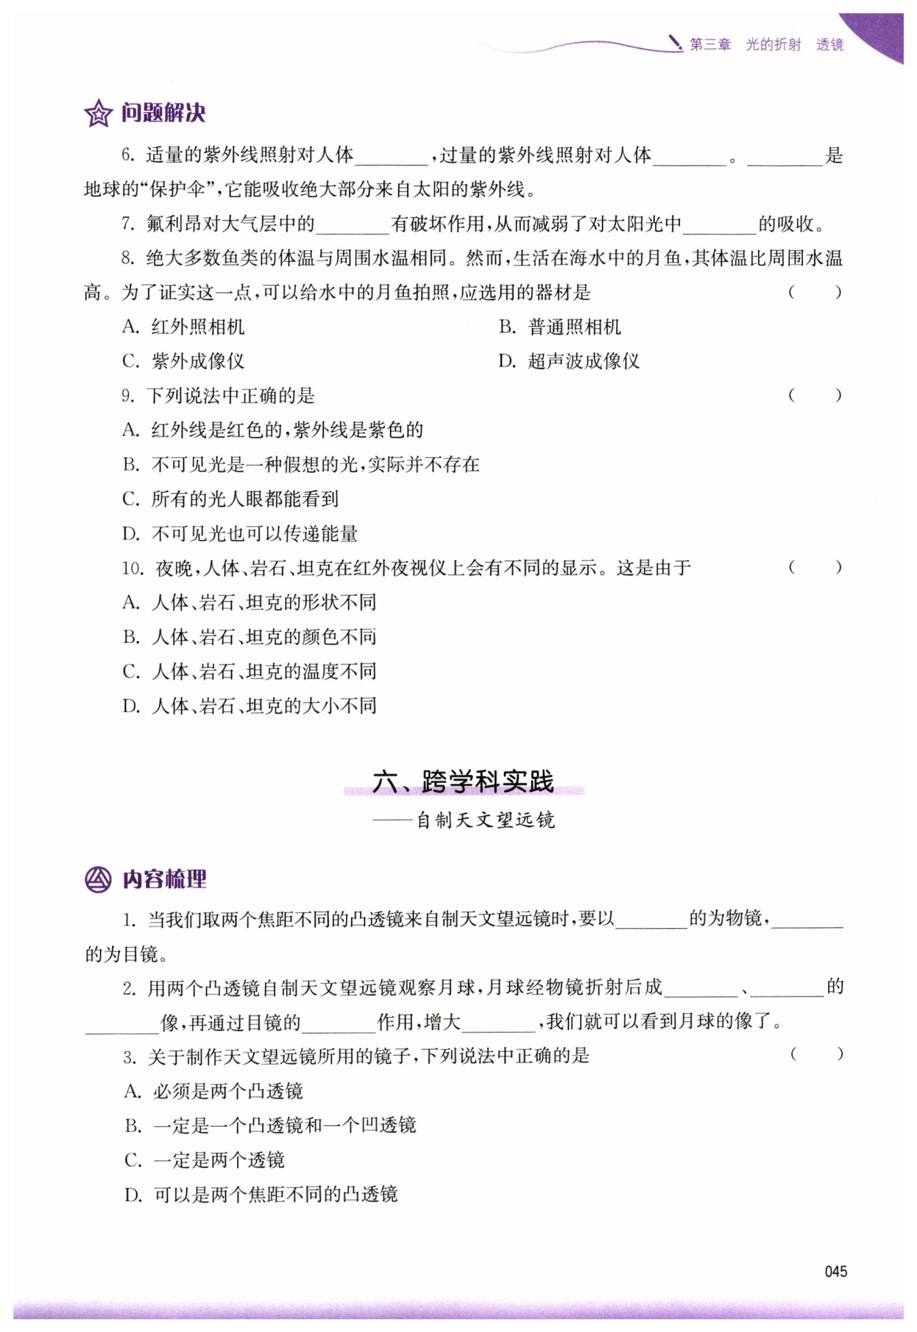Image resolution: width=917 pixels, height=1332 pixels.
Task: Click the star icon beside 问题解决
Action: [98, 113]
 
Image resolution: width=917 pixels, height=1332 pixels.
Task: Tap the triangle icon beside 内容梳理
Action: [98, 880]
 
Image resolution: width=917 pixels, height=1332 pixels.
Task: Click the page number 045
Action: [835, 1272]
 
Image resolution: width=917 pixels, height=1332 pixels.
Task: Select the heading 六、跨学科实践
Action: [463, 782]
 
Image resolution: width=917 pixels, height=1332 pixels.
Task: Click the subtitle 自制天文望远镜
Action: [485, 820]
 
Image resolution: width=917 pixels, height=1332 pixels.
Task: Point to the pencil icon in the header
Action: [675, 43]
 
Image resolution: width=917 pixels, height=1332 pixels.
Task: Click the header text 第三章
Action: [711, 45]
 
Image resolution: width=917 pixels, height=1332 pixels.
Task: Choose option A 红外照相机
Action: [183, 327]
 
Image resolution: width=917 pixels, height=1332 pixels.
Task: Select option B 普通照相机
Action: [560, 327]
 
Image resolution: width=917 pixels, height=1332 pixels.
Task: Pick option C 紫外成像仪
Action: [183, 361]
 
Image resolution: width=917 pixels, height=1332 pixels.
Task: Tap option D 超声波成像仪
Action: [569, 361]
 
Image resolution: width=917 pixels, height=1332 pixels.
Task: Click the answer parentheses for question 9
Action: [815, 395]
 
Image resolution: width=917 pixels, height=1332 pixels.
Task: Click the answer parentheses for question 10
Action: [815, 568]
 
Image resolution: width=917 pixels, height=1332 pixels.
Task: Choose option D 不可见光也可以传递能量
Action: [240, 534]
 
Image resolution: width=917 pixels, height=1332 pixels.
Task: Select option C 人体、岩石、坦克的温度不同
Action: [249, 671]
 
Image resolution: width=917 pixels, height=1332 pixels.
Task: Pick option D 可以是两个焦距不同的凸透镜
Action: [262, 1195]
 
